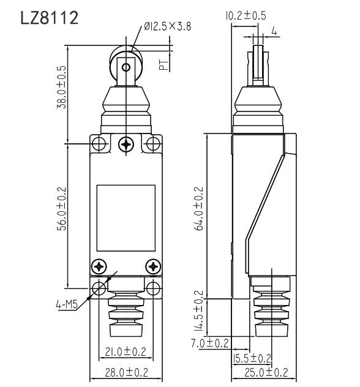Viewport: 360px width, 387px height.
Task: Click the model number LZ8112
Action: (50, 18)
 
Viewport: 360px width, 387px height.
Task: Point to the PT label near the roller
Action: (163, 64)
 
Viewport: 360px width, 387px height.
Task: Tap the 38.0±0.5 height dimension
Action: (61, 87)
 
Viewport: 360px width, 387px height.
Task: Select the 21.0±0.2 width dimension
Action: (126, 351)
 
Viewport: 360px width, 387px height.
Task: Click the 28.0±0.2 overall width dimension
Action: (126, 372)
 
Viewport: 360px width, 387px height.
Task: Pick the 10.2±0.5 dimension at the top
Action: (246, 16)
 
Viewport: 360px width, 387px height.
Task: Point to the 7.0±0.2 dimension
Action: (210, 343)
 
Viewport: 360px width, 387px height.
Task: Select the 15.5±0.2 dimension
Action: (252, 358)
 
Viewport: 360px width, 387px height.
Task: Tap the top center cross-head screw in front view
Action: (126, 145)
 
